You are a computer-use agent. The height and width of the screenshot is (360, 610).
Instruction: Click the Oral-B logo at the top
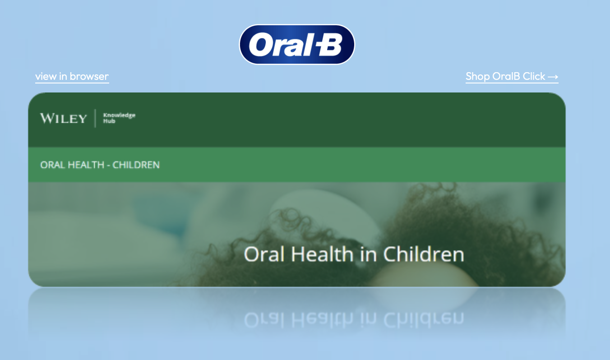[x=297, y=44]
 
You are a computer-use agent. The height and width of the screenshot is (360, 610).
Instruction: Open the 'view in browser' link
[x=72, y=76]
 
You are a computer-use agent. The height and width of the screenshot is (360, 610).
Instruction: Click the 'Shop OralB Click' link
[x=505, y=76]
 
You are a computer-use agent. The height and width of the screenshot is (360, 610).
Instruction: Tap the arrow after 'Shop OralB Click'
[x=553, y=77]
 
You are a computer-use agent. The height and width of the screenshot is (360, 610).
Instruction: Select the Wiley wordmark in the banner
[x=63, y=119]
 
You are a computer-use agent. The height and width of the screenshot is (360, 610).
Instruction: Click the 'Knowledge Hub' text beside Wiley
[x=119, y=118]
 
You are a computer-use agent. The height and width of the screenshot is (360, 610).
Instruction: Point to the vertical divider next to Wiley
[x=95, y=118]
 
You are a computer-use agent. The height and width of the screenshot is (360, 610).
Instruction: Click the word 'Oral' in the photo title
[x=264, y=254]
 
